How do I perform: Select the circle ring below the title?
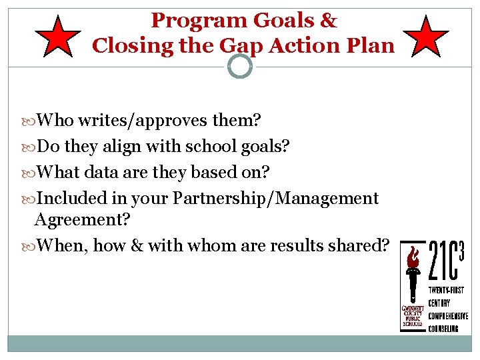point(240,66)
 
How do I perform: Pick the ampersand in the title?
point(328,21)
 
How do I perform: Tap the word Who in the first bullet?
point(55,121)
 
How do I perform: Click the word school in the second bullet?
point(215,146)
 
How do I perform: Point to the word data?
point(108,172)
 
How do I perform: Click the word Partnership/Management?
point(275,198)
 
